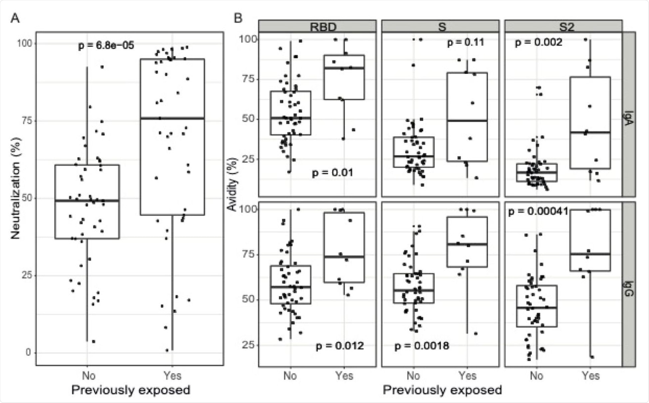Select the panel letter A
click(15, 18)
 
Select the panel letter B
click(238, 18)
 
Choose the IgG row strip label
click(629, 289)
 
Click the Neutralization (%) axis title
click(16, 188)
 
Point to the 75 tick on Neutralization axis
click(27, 121)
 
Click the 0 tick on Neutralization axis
click(29, 352)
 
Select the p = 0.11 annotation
click(465, 42)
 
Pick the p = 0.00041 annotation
click(538, 211)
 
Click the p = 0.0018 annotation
click(422, 346)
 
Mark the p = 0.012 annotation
click(339, 346)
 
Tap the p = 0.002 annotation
click(538, 42)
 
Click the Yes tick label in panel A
click(172, 376)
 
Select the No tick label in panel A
click(89, 376)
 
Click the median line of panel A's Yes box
click(172, 118)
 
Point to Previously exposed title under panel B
click(442, 390)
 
